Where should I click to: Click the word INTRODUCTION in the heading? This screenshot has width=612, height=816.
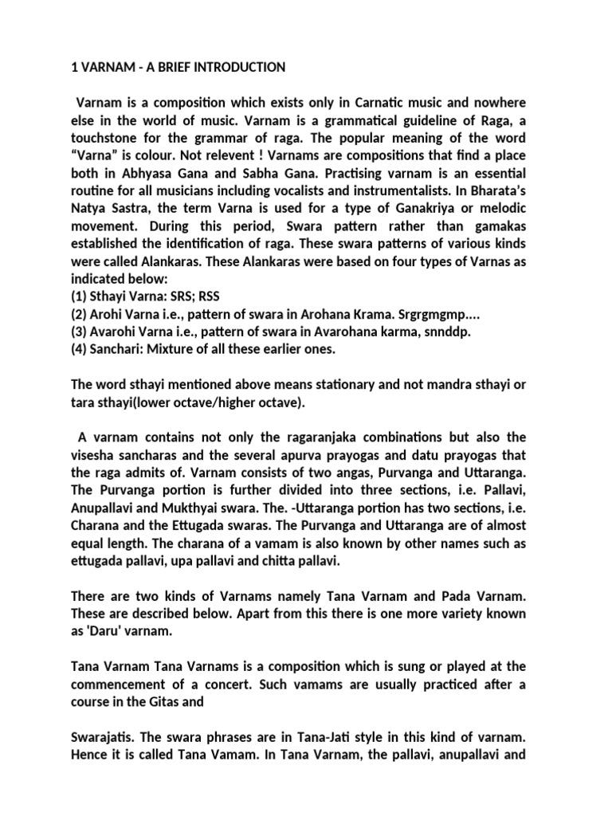tap(237, 68)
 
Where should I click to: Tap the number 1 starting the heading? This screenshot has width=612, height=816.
tap(65, 68)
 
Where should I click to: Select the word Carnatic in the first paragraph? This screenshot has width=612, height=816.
tap(342, 104)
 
